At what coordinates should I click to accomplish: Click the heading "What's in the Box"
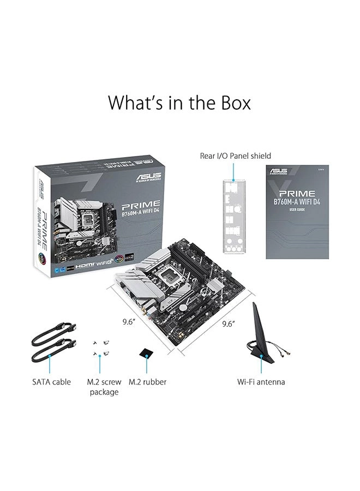tap(179, 102)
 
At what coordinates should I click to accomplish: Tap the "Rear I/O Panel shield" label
tap(235, 156)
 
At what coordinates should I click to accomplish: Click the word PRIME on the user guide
tap(297, 193)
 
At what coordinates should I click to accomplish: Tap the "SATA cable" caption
tap(51, 382)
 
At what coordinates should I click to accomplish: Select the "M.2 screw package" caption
tap(103, 387)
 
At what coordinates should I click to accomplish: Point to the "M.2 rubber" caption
tap(147, 382)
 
